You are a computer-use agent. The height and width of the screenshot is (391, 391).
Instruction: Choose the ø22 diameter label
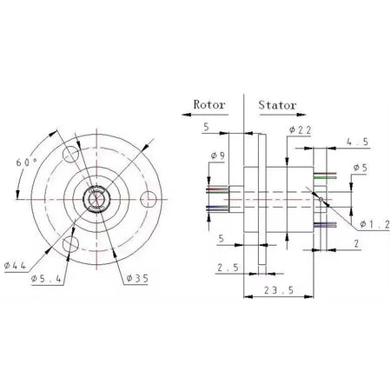click(x=299, y=130)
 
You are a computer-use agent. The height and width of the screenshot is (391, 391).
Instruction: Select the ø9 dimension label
click(x=217, y=157)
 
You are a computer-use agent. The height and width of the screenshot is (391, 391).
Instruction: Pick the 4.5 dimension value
click(x=355, y=140)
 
